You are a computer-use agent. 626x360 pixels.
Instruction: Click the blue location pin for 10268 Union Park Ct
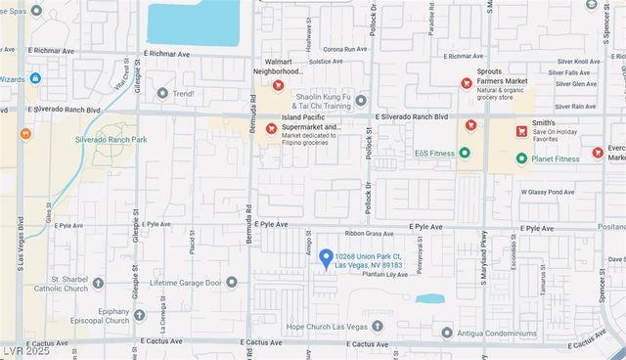[x=326, y=257]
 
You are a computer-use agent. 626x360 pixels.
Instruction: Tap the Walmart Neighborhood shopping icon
[x=278, y=85]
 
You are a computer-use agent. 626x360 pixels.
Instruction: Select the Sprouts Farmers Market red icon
[x=467, y=83]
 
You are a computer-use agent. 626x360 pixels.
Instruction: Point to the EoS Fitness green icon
[x=465, y=152]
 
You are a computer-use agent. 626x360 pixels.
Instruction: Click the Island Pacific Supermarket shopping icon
[x=271, y=128]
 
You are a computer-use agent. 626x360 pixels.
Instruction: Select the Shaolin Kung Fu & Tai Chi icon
[x=361, y=100]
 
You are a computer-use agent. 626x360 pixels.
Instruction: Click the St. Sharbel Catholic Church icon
[x=98, y=284]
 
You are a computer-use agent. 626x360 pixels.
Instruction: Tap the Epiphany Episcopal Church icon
[x=139, y=315]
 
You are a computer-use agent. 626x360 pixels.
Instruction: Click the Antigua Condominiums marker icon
[x=447, y=333]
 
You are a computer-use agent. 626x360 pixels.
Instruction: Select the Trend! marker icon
[x=162, y=94]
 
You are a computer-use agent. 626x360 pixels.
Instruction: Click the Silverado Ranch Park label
[x=111, y=140]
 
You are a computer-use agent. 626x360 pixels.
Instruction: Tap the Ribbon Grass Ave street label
[x=368, y=234]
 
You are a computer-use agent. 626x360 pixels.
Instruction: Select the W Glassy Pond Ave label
[x=547, y=192]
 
